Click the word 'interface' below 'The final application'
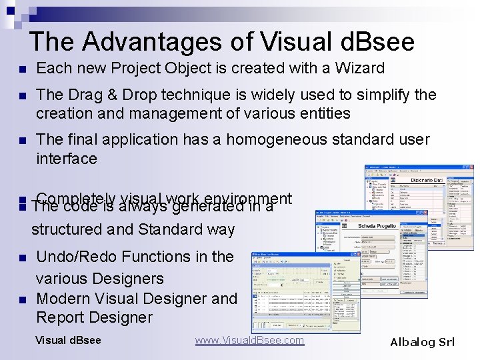tap(67, 159)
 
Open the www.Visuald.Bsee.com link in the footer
tap(249, 341)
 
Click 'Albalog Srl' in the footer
tap(422, 342)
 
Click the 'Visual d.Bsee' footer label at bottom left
tap(68, 341)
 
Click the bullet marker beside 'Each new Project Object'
tap(23, 69)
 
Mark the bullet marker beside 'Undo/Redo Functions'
tap(23, 258)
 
